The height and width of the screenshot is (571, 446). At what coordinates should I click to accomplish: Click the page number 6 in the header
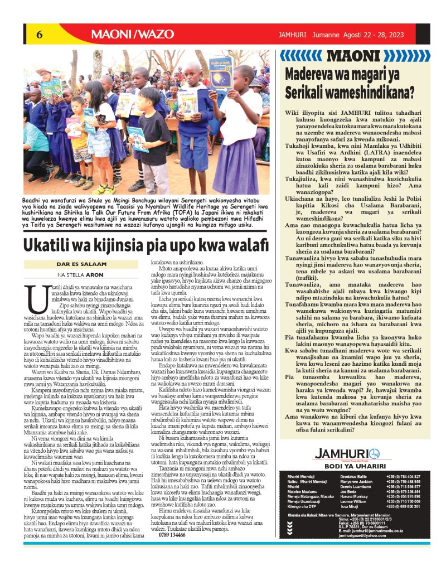coord(40,34)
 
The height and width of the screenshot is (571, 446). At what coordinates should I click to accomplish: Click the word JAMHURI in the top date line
coord(294,35)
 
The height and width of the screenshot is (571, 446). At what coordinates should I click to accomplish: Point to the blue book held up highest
coord(220,72)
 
